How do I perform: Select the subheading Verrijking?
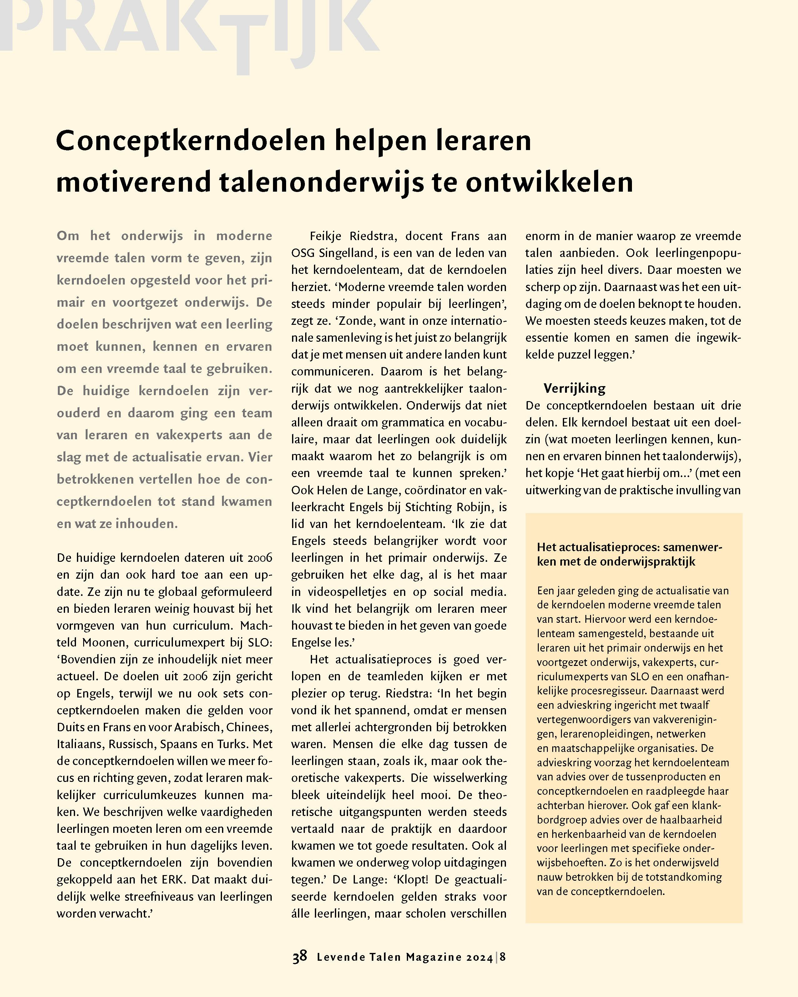[574, 388]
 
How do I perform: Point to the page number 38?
[299, 956]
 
